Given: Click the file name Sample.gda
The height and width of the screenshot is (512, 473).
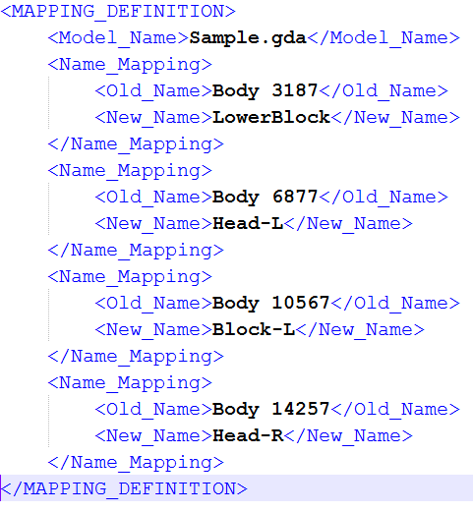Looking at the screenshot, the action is click(x=248, y=38).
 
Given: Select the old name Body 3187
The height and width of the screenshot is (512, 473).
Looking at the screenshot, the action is click(x=265, y=91).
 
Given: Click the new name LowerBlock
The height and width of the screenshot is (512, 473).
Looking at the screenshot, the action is click(x=271, y=118).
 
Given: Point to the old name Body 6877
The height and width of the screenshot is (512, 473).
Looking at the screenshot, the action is click(x=265, y=198).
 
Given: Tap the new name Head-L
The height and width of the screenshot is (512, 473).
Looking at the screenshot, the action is click(x=248, y=224).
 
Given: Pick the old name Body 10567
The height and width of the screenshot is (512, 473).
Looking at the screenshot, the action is click(x=270, y=304).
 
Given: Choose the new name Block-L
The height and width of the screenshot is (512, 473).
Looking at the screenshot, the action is click(x=254, y=330).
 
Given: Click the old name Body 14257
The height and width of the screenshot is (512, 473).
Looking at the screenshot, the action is click(x=270, y=410).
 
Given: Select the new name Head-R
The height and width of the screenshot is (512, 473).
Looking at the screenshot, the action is click(x=248, y=436).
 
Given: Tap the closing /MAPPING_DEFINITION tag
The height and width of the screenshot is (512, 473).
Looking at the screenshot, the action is click(x=124, y=489).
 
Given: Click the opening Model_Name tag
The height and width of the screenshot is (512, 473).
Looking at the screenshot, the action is click(x=118, y=38).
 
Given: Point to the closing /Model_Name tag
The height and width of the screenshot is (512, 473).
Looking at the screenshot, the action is click(x=384, y=38).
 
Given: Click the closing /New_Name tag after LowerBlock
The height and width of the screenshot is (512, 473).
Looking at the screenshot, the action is click(x=395, y=118).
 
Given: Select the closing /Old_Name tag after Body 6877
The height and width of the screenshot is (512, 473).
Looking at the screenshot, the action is click(x=384, y=198).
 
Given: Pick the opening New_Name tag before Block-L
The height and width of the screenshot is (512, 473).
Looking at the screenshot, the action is click(x=153, y=330).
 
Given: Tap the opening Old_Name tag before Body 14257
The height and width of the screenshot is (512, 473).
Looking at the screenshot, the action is click(x=153, y=410).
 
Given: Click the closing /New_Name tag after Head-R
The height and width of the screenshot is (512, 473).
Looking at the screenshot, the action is click(x=348, y=436).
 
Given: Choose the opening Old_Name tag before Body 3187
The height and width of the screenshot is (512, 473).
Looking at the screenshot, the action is click(x=153, y=91).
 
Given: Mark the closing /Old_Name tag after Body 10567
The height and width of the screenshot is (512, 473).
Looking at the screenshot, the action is click(x=395, y=304).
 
